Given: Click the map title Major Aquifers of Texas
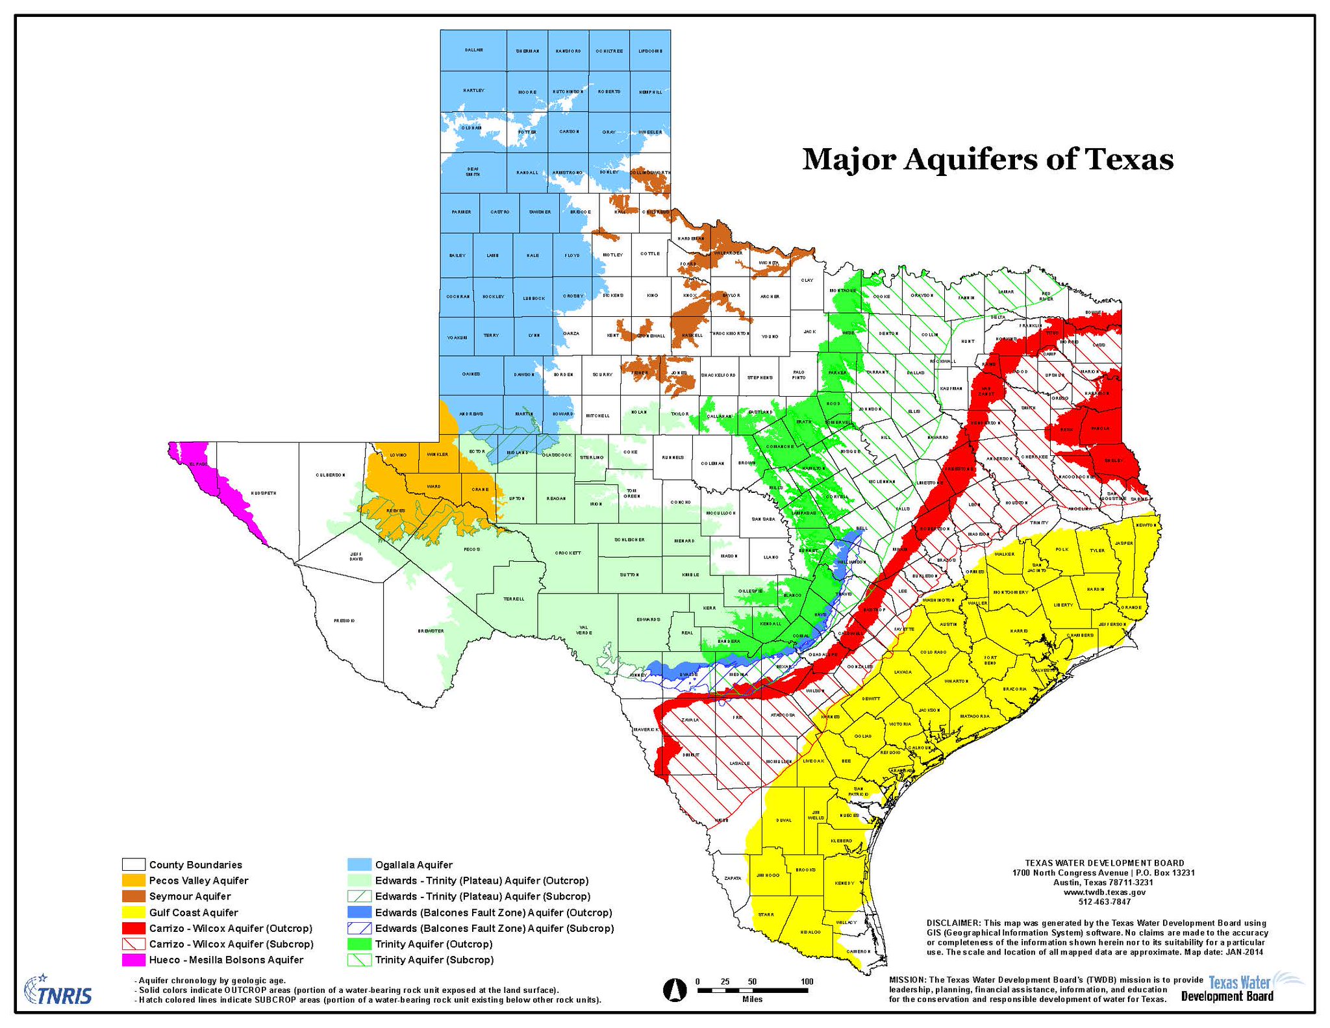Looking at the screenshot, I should tap(987, 160).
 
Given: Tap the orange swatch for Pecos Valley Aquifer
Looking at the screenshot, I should tap(133, 881).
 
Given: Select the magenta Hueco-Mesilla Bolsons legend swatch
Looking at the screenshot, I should tap(133, 960).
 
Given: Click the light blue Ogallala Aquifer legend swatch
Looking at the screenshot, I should tap(359, 865).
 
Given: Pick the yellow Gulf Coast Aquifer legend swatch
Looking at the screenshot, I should tap(133, 912).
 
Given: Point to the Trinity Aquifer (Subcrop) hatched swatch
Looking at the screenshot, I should tap(359, 960).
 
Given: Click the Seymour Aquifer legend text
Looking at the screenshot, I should tap(190, 896).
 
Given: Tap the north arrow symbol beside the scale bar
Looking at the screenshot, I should tap(674, 990).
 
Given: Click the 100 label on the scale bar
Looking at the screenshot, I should tap(807, 981).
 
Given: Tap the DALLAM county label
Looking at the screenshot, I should tap(473, 50).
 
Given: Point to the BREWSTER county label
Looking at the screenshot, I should tap(430, 631).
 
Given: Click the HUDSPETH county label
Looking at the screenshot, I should tap(263, 493).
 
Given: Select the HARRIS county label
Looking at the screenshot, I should tap(1018, 631).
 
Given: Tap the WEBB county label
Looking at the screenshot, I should tap(721, 820).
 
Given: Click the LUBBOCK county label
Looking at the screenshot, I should tap(534, 298).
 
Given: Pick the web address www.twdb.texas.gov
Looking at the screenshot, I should tap(1103, 892).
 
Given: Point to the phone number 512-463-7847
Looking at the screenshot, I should tap(1103, 902).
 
